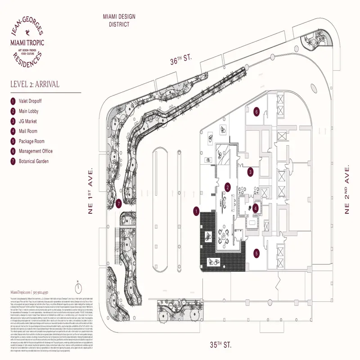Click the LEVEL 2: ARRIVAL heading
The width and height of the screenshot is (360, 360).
coord(34,84)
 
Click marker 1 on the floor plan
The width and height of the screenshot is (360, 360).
coord(196,210)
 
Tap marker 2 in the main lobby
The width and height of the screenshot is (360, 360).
coord(228,187)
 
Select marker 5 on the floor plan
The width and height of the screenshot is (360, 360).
coord(256,254)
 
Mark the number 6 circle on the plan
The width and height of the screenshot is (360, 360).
coord(257,111)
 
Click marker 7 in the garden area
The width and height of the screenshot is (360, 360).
coord(118,203)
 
